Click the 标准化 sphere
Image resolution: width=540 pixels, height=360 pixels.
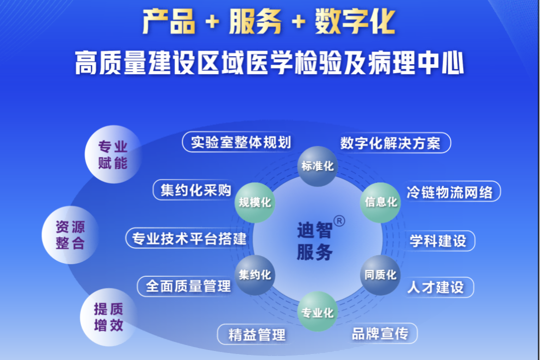pos(317,166)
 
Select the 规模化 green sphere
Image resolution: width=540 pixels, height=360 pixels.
pos(255,203)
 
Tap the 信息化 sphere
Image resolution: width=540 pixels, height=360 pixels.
pos(381,203)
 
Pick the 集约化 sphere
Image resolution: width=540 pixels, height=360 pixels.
pos(255,275)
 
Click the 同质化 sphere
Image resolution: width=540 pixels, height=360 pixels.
pos(381,275)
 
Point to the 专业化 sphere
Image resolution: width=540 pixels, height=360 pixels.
pos(317,311)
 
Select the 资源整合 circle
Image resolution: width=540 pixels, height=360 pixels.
pos(71,235)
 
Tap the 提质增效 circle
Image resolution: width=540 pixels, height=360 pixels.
pos(109,317)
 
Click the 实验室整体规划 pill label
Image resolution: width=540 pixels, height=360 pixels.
pos(238,142)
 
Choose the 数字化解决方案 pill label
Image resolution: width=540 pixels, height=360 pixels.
pos(393,143)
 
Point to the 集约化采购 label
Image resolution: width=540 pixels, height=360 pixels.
pos(195,190)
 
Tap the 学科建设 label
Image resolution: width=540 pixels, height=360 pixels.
pos(439,241)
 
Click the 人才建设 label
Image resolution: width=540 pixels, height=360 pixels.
pos(437,287)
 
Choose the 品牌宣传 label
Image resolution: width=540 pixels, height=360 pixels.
pos(382,333)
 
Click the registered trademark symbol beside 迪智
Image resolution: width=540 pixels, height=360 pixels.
pos(339,221)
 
